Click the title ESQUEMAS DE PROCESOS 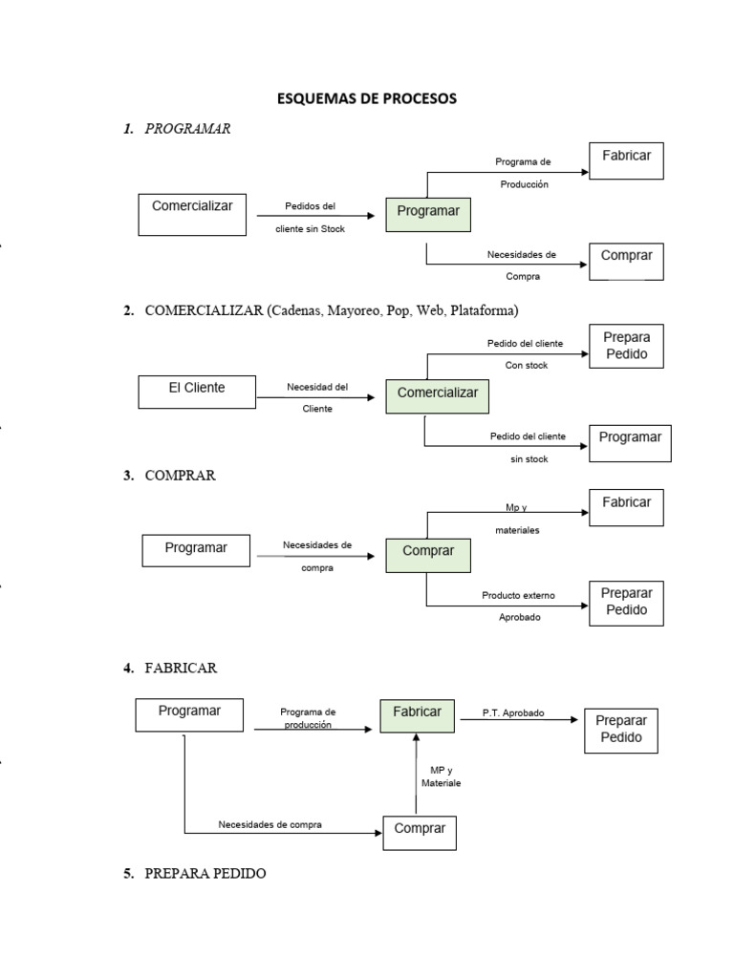[367, 98]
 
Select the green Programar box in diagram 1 [428, 212]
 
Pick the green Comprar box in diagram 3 [428, 553]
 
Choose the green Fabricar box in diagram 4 [417, 713]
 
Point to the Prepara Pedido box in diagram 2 [626, 347]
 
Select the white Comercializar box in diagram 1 [192, 215]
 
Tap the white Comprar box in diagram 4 [420, 831]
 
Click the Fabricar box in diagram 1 [626, 160]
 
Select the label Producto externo [519, 596]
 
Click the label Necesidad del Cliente [317, 397]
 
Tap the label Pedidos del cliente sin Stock [311, 217]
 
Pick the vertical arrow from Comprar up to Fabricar [416, 774]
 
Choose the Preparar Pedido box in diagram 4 [620, 730]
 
